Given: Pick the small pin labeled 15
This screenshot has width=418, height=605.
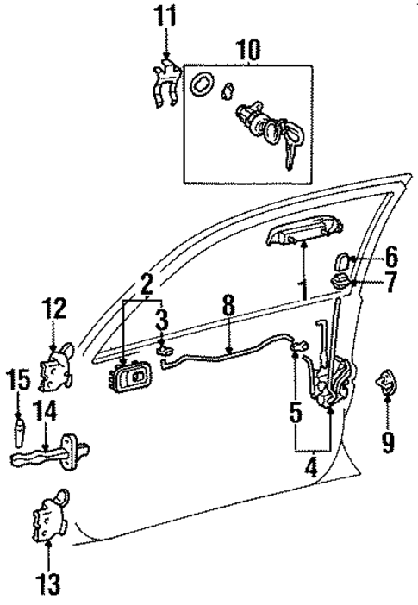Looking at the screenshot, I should pos(18,429).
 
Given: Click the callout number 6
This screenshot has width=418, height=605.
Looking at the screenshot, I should pos(390,256).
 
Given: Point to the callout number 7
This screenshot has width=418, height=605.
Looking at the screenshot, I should pos(390,281).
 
